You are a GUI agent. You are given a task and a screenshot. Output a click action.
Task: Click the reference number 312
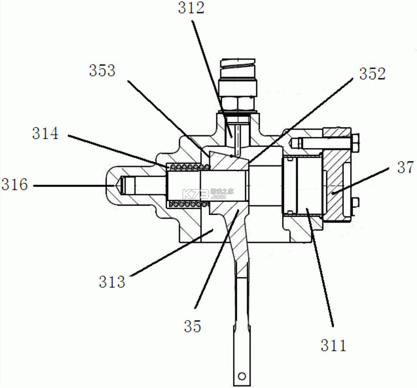point(191,8)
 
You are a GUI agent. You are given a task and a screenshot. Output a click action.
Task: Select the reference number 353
point(103,71)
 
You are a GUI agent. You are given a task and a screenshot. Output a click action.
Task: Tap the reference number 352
point(372,74)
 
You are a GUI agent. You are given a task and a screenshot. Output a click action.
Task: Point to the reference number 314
point(45,133)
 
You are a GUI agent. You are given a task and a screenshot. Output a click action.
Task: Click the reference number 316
point(15,184)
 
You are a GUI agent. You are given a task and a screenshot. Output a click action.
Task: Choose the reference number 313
point(112,282)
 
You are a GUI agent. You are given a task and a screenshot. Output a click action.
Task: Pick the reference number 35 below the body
point(193,326)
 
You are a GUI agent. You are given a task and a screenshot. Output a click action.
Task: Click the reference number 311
point(334,345)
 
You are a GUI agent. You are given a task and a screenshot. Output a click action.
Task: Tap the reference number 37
point(405,168)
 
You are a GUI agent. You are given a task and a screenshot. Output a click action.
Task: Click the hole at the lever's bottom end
point(242,376)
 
